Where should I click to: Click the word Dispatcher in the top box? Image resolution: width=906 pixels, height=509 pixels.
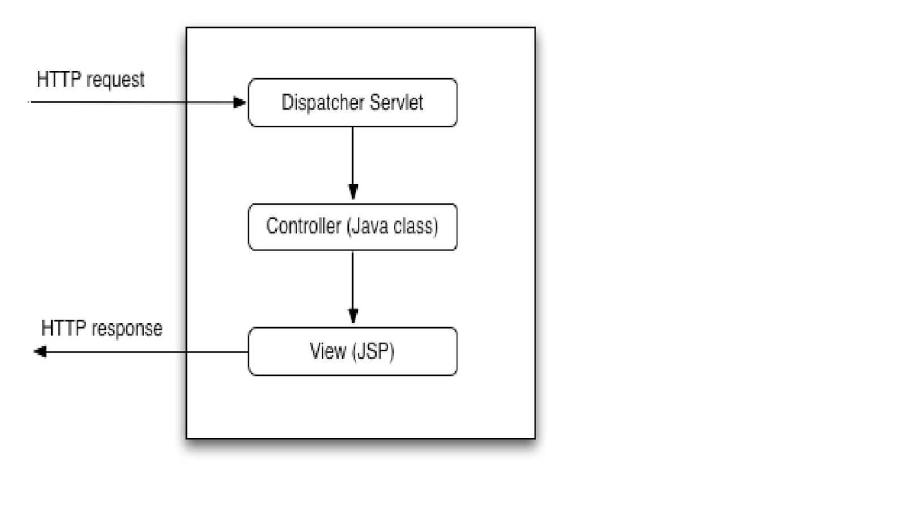coord(322,103)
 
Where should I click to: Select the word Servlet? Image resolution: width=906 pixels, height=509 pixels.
coord(396,103)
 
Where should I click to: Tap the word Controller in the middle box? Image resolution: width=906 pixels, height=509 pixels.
coord(304,226)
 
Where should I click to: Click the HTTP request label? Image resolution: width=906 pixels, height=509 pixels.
coord(90,79)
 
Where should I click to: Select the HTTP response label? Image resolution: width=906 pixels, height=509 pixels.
coord(101,328)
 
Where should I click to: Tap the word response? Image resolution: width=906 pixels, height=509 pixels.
coord(127,329)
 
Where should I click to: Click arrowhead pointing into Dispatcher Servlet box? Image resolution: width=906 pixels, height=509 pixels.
coord(240,103)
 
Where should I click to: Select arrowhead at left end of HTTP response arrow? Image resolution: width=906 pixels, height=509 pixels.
coord(40,352)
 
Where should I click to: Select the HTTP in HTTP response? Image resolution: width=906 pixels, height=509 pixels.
coord(63,328)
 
